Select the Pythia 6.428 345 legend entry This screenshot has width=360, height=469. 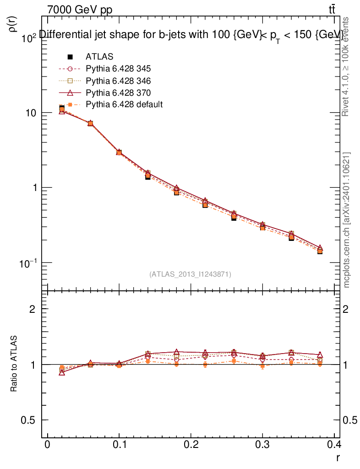[x=118, y=69]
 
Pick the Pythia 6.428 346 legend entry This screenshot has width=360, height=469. [x=118, y=81]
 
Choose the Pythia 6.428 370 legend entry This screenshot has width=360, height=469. [x=118, y=93]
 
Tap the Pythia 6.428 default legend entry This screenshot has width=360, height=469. [x=124, y=104]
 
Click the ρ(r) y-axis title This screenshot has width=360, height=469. [x=13, y=24]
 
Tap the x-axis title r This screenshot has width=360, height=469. [x=338, y=457]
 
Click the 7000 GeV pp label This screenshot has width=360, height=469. [x=80, y=10]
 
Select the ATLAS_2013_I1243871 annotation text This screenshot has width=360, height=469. [x=190, y=274]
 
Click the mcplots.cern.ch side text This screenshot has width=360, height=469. [x=347, y=220]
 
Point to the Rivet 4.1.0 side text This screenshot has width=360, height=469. [x=347, y=66]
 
